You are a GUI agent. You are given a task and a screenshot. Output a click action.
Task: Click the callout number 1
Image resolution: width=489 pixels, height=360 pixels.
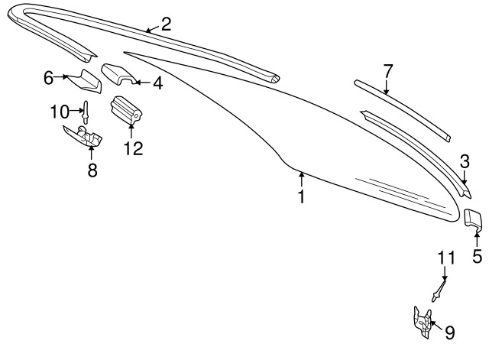tap(301, 196)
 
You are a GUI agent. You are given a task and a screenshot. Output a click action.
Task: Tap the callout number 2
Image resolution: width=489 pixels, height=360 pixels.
tap(166, 24)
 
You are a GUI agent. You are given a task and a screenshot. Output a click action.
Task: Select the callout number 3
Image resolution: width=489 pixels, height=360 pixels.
tap(465, 162)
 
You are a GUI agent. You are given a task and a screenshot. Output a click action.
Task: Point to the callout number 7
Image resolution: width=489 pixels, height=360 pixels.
tap(387, 71)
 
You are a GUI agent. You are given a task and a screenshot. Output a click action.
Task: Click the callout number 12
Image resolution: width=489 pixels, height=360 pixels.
tap(133, 148)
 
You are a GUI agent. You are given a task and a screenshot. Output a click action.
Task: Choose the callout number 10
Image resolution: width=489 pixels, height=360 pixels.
tap(60, 112)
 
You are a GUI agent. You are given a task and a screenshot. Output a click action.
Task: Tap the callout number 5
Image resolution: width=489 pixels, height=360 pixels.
tap(477, 256)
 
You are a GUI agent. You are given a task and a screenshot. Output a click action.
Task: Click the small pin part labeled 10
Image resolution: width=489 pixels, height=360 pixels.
tap(86, 112)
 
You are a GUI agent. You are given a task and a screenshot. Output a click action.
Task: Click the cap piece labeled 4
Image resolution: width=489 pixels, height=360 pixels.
tap(118, 73)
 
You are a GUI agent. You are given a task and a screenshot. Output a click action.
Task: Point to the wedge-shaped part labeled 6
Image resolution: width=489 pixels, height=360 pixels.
tap(86, 82)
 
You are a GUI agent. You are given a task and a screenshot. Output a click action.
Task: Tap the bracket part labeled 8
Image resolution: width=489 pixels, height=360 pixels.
tap(83, 135)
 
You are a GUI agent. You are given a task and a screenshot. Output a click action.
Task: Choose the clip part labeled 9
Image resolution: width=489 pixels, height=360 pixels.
tap(423, 322)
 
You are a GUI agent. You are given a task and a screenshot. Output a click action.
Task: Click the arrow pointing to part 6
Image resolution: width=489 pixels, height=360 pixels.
tap(61, 76)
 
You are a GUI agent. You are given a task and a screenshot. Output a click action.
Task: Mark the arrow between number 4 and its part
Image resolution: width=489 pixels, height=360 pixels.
tap(143, 83)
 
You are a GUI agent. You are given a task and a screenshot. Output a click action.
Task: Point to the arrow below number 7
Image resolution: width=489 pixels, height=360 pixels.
tap(387, 87)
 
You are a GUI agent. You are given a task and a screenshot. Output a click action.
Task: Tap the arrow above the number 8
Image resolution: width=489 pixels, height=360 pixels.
tap(92, 153)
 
